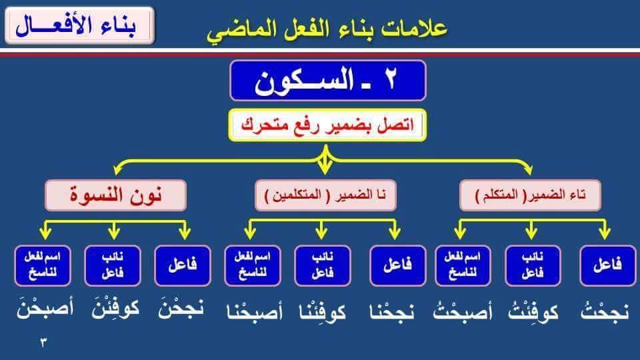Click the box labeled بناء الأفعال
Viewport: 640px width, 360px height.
coord(80,25)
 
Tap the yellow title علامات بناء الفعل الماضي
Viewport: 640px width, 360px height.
coord(327,29)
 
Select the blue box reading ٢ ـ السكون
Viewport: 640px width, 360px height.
coord(328,81)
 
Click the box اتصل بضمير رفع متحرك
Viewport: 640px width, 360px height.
coord(327,125)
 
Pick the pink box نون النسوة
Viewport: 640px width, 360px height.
coord(115,195)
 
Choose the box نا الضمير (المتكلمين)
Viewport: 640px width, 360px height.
coord(325,195)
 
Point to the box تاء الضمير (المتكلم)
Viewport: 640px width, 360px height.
coord(530,195)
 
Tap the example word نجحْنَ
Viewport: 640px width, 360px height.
coord(181,309)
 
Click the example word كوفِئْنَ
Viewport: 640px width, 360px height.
coord(115,309)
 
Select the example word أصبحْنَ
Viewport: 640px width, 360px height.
coord(45,309)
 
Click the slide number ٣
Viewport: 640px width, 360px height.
coord(43,343)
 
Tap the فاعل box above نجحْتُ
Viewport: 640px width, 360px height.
coord(608,265)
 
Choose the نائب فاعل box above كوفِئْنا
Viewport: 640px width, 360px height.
coord(323,265)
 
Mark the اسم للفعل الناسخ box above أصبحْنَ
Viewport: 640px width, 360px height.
coord(43,265)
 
